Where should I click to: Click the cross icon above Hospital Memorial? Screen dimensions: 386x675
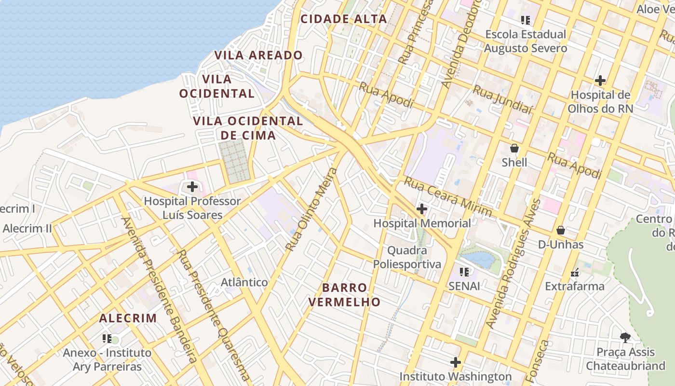tap(422, 209)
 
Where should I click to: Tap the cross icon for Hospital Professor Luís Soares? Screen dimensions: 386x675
tap(192, 186)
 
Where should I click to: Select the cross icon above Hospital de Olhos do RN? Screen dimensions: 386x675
tap(600, 80)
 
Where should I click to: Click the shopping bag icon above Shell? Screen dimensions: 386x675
tap(514, 148)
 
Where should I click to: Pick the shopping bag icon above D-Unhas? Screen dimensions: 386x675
tap(561, 230)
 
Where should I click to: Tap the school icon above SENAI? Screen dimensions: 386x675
tap(464, 272)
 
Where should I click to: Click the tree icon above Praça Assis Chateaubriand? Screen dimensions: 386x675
tap(625, 338)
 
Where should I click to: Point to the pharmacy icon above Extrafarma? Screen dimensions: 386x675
tap(574, 272)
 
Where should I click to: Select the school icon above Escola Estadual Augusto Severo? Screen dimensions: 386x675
tap(526, 20)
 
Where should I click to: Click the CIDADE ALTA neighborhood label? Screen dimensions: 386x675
tap(343, 19)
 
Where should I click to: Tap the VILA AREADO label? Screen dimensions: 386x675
tap(258, 55)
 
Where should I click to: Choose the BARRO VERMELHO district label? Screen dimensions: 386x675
tap(344, 295)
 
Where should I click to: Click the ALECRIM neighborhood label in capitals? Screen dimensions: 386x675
tap(128, 318)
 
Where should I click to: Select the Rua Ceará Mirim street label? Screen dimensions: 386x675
tap(447, 196)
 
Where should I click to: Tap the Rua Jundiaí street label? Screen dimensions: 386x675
tap(502, 100)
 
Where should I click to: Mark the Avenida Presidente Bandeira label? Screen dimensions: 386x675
tap(159, 289)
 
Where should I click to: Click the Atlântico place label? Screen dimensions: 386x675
tap(244, 282)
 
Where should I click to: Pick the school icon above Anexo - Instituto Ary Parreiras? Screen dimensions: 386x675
tap(107, 339)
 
